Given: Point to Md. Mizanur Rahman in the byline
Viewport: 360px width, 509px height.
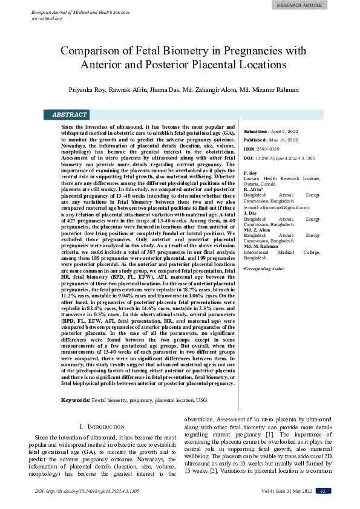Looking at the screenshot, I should (x=261, y=89).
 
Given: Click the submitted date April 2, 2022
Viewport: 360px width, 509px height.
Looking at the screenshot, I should (x=284, y=131).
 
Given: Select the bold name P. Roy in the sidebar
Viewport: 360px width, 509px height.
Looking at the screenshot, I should (x=250, y=173).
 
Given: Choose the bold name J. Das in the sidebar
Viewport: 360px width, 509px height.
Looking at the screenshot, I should (x=249, y=213).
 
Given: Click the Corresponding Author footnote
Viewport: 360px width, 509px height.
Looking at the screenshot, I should (x=263, y=268).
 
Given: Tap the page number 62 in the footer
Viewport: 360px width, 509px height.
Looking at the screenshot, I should (x=323, y=491).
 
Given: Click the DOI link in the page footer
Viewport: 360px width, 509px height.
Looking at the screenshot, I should (x=87, y=491).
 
